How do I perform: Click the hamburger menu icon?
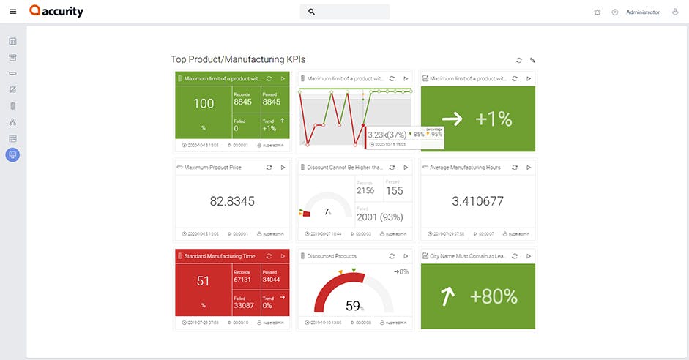click(x=12, y=12)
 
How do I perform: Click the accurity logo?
click(x=56, y=12)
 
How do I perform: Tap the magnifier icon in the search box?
click(x=311, y=12)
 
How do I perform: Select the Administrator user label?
click(x=642, y=12)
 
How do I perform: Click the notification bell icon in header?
click(x=597, y=12)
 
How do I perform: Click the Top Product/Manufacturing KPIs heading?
click(x=238, y=60)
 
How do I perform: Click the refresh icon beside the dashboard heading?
click(x=519, y=61)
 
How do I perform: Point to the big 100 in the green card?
click(x=204, y=104)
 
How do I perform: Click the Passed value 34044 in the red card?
click(x=271, y=279)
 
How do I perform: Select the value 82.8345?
click(x=231, y=201)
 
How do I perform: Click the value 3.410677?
click(x=477, y=201)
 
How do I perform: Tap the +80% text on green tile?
click(x=494, y=296)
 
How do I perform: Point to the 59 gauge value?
click(x=353, y=306)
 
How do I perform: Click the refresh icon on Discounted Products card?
click(x=392, y=256)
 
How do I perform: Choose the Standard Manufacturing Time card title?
click(x=219, y=256)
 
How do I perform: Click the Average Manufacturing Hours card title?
click(x=465, y=168)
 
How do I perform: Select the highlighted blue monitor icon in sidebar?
click(x=12, y=154)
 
